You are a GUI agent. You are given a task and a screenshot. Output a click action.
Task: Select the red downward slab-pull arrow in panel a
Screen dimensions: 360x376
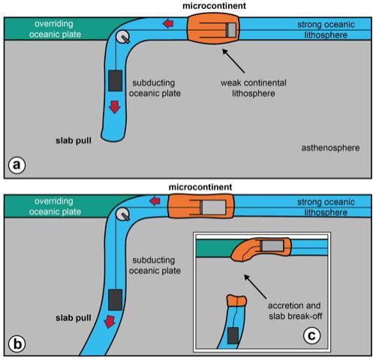pyautogui.click(x=113, y=107)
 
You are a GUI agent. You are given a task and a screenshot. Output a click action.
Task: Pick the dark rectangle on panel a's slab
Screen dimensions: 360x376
pyautogui.click(x=115, y=79)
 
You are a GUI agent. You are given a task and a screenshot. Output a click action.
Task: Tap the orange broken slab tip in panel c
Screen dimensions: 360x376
pyautogui.click(x=235, y=301)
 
